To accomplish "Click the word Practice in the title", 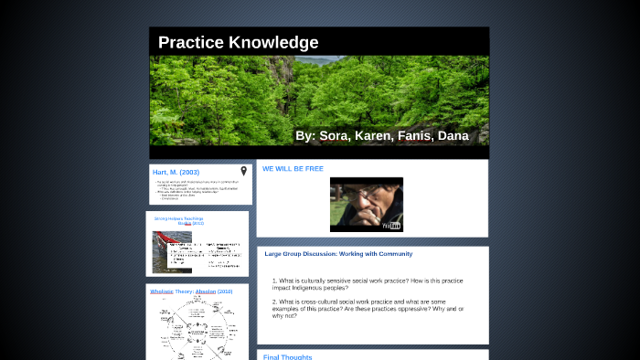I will [190, 43].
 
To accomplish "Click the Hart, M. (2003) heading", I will [176, 172].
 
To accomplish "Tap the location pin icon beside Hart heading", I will [244, 171].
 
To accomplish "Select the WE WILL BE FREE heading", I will [293, 169].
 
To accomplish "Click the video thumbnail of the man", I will [366, 203].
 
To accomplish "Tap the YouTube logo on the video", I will [391, 225].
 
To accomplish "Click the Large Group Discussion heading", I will [338, 254].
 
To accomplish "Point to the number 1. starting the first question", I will [274, 281].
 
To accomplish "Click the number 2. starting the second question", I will [274, 302].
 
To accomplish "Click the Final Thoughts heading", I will [287, 356].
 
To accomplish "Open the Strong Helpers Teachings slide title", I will [179, 220].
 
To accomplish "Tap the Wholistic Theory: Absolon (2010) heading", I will [192, 291].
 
